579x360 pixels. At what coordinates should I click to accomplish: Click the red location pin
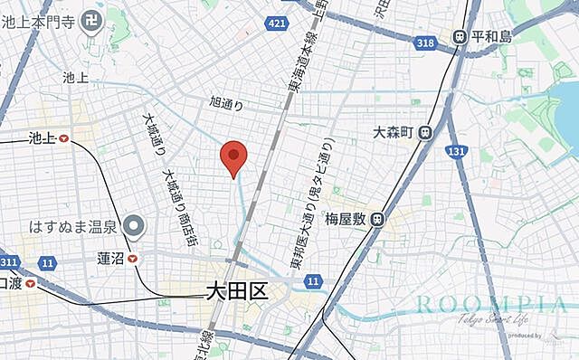(x=234, y=159)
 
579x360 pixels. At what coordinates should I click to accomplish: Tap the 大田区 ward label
(x=232, y=292)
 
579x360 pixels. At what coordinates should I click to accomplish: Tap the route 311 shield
(x=9, y=261)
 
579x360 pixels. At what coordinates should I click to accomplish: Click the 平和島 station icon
(x=460, y=37)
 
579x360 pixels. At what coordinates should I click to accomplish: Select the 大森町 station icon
(x=424, y=132)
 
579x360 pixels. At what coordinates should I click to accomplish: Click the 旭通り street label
(x=226, y=104)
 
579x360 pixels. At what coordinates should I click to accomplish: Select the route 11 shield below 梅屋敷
(x=313, y=282)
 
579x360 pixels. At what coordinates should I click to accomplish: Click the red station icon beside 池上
(x=63, y=138)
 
